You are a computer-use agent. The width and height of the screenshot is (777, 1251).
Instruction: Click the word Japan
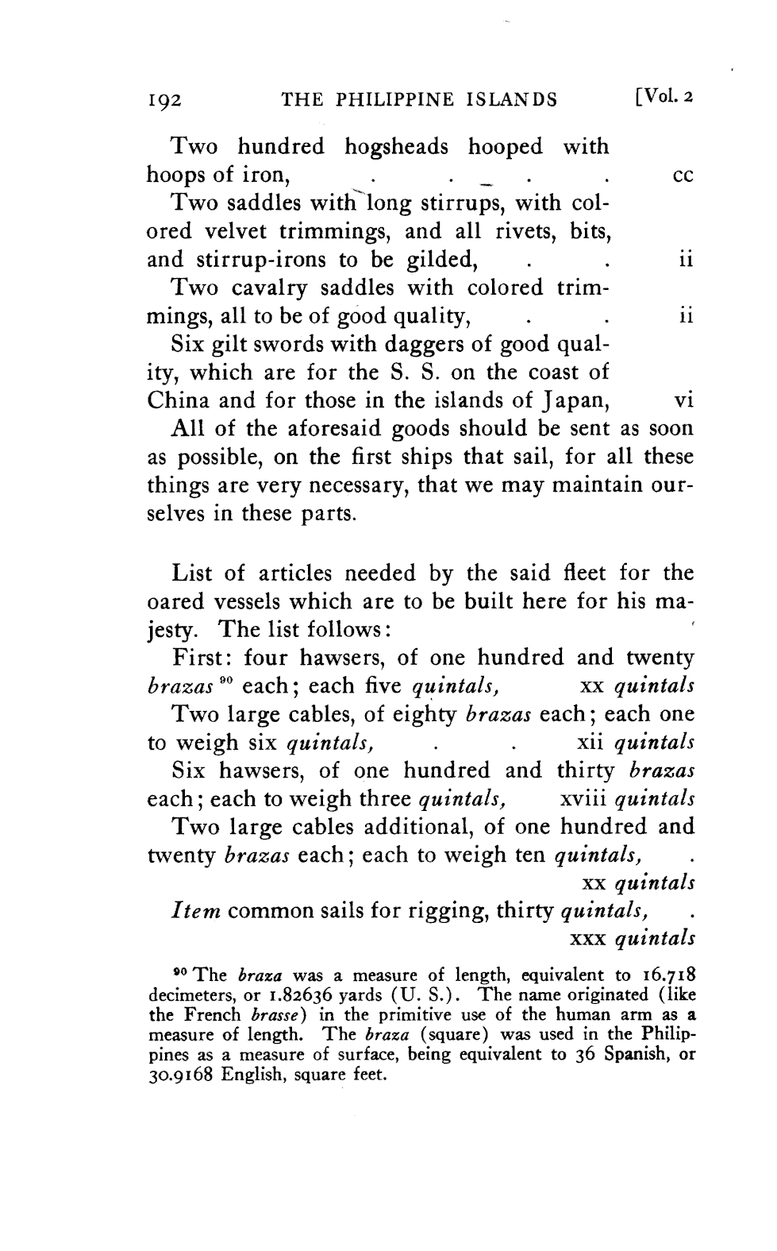pos(573,401)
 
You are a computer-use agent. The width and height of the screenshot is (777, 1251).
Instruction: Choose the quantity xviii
pos(583,798)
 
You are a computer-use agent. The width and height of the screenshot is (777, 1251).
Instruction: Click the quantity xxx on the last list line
pos(587,939)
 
